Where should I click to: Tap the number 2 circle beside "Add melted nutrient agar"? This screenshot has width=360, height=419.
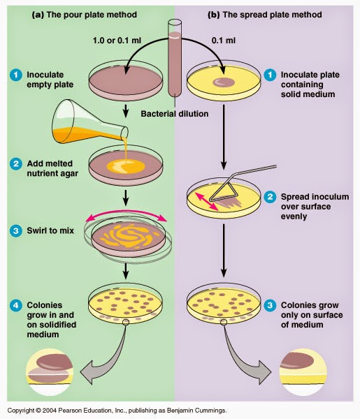[x=13, y=166]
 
